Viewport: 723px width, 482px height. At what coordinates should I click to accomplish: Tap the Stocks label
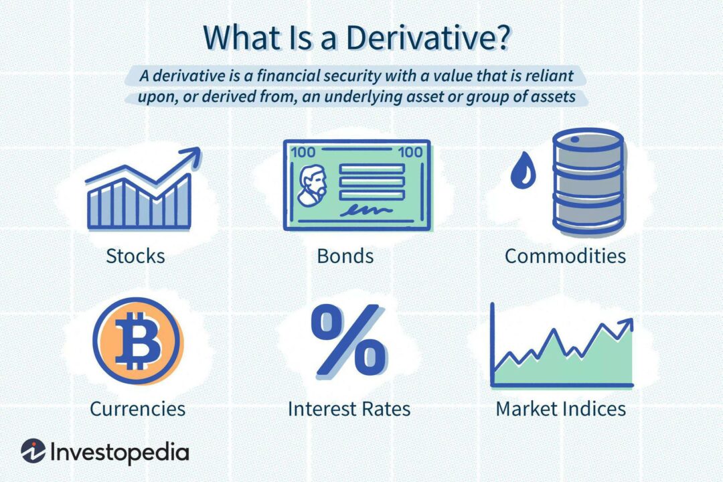click(135, 255)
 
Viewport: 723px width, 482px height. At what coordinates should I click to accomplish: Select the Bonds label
click(345, 255)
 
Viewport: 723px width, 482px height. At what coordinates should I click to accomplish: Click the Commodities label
click(565, 255)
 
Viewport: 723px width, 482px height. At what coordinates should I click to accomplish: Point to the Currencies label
click(137, 408)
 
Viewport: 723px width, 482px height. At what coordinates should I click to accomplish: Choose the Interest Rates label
click(349, 408)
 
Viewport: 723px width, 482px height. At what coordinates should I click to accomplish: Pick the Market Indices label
click(560, 408)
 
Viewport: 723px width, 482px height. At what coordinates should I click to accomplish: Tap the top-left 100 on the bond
click(301, 153)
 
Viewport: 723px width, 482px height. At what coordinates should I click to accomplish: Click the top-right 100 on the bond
click(410, 153)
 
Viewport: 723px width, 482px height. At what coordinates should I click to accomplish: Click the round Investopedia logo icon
click(33, 452)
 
